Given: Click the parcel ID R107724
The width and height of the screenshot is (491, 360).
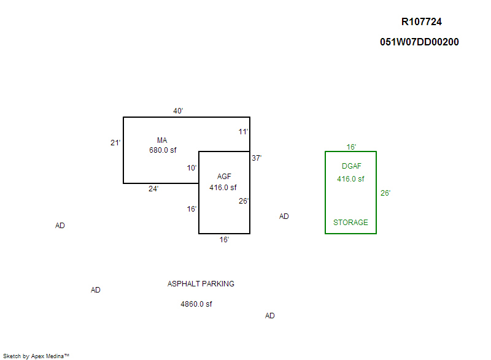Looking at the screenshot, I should tap(421, 22).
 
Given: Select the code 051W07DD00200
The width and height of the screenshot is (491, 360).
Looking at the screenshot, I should tap(419, 42).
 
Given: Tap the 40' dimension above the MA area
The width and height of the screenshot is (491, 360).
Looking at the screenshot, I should tap(178, 111).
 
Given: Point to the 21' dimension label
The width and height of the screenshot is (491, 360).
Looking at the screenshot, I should tap(115, 143).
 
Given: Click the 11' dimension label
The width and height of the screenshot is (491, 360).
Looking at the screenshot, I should tap(244, 132).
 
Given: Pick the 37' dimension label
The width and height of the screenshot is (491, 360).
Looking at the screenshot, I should tap(257, 158).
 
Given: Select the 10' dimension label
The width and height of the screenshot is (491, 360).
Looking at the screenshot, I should tap(192, 168).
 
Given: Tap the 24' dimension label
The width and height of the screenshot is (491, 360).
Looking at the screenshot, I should tap(153, 189).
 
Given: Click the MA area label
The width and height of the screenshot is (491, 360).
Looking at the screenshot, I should tap(162, 140).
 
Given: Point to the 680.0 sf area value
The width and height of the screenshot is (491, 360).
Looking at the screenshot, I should tap(163, 150).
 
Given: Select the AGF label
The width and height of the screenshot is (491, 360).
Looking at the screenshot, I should tap(224, 177).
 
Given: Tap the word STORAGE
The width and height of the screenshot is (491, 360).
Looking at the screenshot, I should tap(350, 223).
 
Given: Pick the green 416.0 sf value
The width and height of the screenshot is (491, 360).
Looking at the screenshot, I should tap(350, 179).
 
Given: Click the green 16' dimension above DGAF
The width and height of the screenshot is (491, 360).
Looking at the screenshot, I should tap(352, 147).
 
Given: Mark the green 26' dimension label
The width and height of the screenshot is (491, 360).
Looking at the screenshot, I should tap(385, 193).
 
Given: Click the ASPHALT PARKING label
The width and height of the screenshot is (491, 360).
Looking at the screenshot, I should tap(201, 284).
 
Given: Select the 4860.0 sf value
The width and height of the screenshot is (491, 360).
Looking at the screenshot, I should tap(196, 304).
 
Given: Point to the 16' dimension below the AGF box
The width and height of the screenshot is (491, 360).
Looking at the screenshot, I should tap(224, 240).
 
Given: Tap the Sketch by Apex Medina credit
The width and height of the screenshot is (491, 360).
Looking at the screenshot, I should tap(36, 356).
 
